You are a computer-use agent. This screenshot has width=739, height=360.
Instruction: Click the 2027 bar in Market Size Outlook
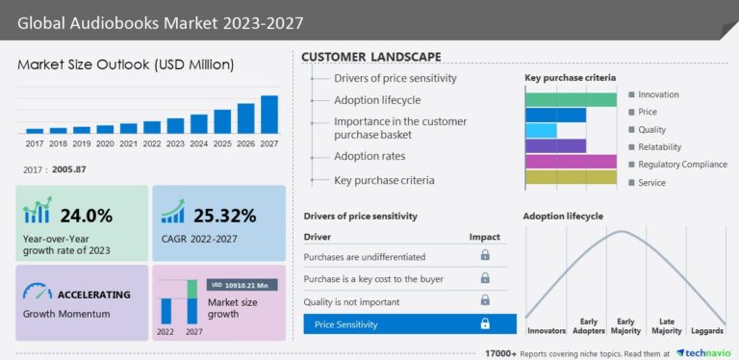[269, 114]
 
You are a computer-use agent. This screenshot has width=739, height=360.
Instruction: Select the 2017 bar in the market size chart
[35, 130]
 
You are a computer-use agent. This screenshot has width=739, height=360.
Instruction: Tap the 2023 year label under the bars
[175, 143]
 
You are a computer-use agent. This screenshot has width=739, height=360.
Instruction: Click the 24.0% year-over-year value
[87, 215]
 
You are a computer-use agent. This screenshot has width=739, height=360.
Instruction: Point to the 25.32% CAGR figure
[223, 215]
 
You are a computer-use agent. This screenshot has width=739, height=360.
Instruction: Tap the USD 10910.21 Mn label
[243, 285]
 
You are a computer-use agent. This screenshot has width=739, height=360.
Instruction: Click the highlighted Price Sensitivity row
[409, 324]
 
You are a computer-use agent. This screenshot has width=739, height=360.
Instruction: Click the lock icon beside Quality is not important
[485, 301]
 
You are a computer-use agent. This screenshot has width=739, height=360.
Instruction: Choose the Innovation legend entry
[658, 94]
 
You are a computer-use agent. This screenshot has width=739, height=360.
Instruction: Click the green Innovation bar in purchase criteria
[571, 99]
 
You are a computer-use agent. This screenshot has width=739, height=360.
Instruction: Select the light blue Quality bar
[541, 130]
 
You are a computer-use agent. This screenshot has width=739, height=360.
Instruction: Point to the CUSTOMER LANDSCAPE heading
[371, 57]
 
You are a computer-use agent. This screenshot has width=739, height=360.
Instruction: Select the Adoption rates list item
[369, 156]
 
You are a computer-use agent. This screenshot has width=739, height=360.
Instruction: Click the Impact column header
[484, 236]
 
